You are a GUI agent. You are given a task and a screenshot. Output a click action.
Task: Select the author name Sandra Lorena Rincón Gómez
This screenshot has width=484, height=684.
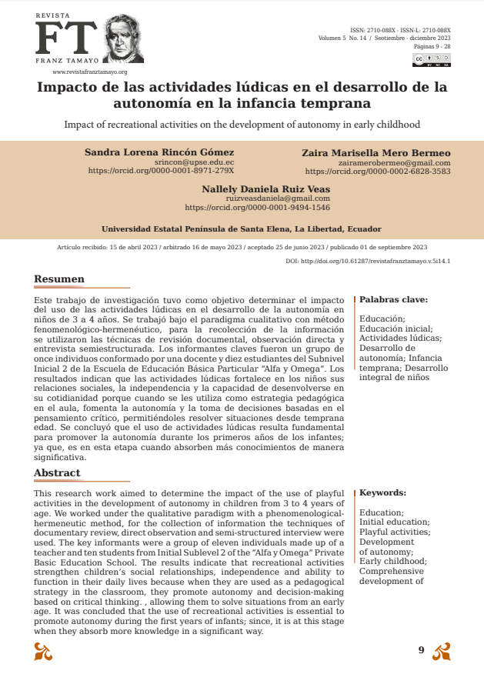(159, 152)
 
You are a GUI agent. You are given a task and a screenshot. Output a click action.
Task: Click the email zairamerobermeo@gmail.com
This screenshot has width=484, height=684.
(394, 162)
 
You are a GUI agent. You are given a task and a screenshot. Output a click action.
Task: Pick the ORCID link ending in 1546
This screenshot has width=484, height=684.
(257, 207)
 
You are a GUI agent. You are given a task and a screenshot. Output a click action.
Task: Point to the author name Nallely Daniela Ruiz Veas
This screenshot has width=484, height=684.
(265, 189)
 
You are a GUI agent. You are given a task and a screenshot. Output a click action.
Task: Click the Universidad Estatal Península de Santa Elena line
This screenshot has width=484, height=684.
(241, 229)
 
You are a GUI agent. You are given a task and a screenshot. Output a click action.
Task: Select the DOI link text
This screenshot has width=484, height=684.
(368, 261)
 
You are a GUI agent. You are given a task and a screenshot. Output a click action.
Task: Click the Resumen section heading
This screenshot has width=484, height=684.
(59, 279)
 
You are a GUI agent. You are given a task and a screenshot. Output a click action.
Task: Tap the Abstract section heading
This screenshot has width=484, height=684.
(57, 472)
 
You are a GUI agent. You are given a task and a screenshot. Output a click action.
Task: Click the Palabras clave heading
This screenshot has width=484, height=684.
(393, 299)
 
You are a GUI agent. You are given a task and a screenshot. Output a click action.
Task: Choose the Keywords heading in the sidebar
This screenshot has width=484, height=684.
(382, 492)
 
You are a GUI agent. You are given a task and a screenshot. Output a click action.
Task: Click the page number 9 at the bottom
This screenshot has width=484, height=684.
(421, 650)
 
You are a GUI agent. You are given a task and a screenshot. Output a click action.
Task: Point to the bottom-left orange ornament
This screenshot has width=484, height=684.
(43, 652)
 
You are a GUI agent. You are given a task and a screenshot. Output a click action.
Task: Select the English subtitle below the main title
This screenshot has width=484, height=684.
(242, 124)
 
